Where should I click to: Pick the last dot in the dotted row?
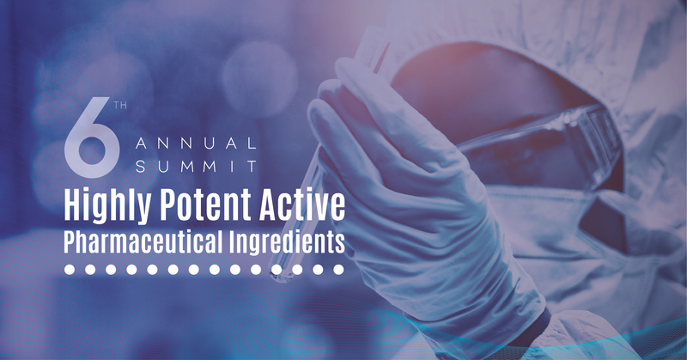tap(339, 270)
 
